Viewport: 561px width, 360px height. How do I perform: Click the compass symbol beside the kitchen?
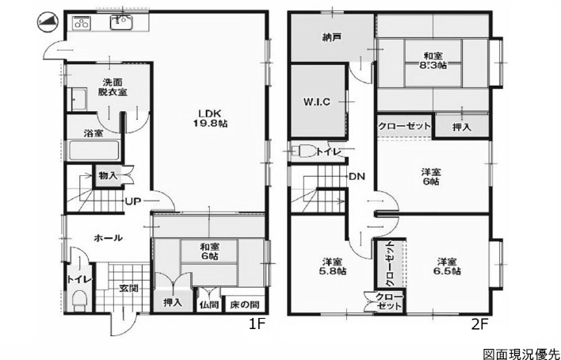click(48, 22)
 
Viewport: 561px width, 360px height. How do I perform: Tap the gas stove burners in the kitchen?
click(82, 24)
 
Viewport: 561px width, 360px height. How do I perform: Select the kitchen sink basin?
click(122, 22)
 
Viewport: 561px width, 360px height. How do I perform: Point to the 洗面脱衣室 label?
click(113, 86)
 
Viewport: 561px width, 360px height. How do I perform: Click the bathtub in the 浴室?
click(93, 151)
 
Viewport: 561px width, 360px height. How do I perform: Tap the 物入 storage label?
click(108, 176)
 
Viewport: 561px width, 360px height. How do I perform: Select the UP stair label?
click(132, 201)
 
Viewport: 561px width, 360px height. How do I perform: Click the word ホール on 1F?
click(109, 238)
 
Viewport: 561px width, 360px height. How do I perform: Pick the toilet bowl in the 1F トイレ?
click(79, 301)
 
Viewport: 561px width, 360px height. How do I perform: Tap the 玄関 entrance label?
click(129, 289)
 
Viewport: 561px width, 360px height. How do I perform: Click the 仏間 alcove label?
click(209, 304)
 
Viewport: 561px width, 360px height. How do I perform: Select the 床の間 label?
click(244, 304)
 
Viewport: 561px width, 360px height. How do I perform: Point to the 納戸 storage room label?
click(331, 37)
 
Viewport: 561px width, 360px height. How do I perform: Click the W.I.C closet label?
click(317, 102)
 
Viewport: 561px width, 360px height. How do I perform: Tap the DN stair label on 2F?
click(357, 176)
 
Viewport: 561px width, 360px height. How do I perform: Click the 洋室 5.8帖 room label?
click(332, 266)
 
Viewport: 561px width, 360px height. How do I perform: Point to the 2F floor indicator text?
click(480, 324)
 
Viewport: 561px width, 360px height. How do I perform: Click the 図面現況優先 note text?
click(521, 354)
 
